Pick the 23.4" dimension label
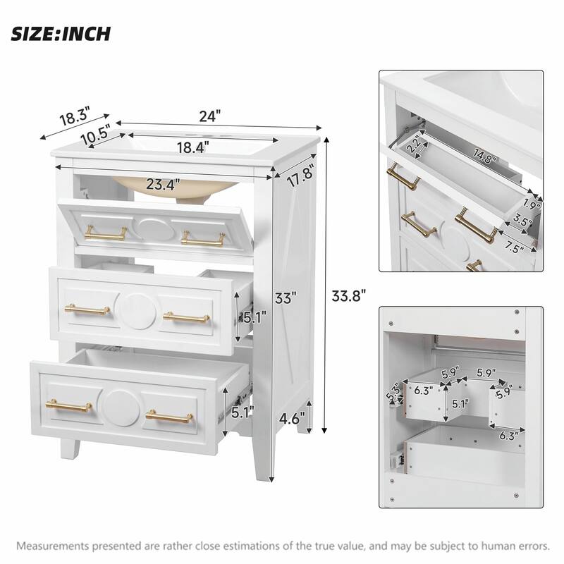pos(163,185)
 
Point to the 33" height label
pos(283,298)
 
